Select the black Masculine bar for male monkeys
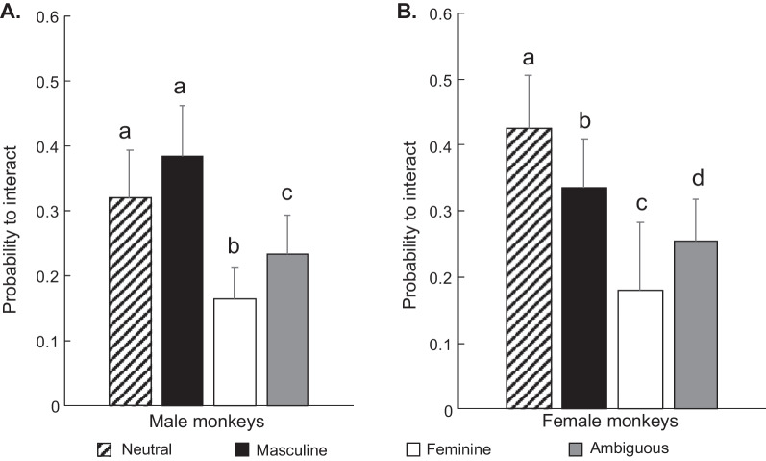[x=183, y=280]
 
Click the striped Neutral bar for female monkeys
[x=529, y=269]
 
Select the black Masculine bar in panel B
[x=583, y=298]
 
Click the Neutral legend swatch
[x=105, y=448]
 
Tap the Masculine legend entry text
[x=291, y=448]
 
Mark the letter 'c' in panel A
[x=287, y=192]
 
